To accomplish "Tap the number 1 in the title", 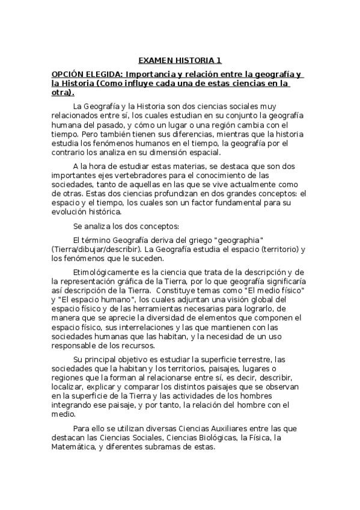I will [x=219, y=60].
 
